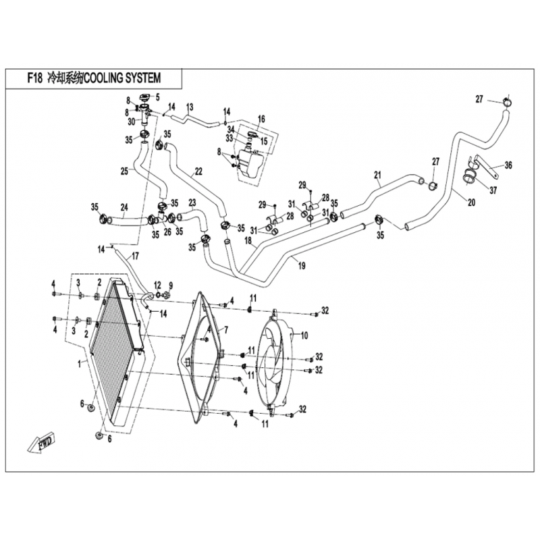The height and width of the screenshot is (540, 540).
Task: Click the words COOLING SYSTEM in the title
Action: point(123,78)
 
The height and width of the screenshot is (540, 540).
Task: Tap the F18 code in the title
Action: point(35,78)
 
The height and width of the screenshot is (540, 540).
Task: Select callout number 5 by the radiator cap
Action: point(157,97)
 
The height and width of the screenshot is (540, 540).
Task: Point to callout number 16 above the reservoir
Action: point(261,119)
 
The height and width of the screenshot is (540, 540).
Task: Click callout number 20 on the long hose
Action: point(471,202)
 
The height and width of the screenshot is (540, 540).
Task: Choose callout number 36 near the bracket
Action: point(508,165)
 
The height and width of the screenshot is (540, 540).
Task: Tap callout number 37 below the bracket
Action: point(493,190)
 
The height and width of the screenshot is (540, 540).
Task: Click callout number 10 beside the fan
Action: point(304,335)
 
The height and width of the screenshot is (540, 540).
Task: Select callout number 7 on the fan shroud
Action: point(226,330)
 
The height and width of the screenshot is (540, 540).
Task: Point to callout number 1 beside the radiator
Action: point(80,363)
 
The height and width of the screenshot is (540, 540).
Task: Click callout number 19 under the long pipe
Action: point(301,266)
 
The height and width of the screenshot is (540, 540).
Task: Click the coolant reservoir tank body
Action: point(250,165)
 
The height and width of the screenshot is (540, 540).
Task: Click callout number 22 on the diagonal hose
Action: point(198,171)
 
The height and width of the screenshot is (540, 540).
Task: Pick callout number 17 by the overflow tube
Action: point(135,256)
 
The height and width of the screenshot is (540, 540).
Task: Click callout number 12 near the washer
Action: point(157,285)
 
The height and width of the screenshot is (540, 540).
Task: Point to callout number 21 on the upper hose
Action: point(377,175)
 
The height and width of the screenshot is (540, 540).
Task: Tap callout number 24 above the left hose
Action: point(124,207)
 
